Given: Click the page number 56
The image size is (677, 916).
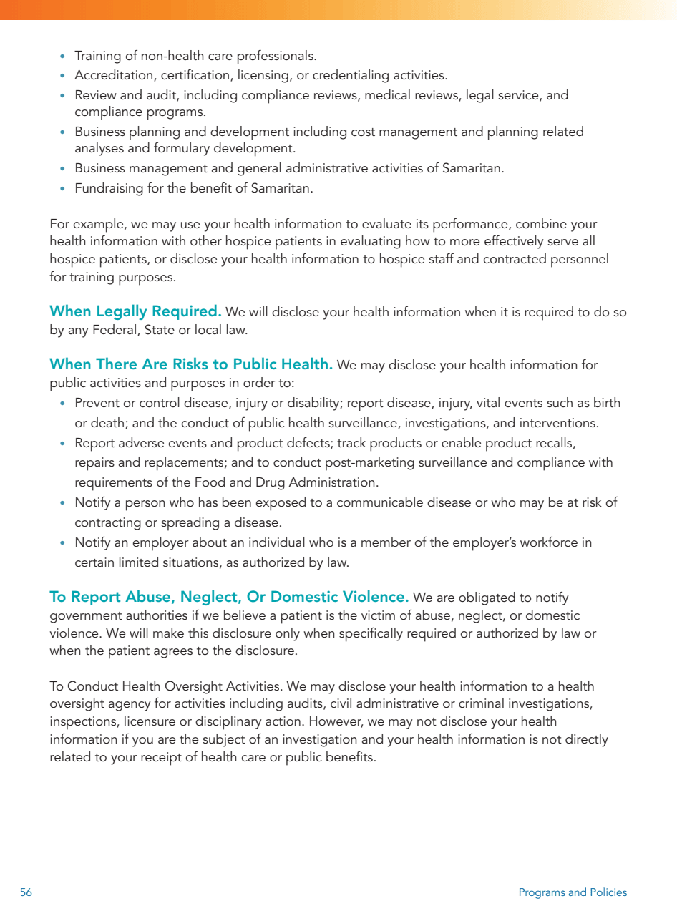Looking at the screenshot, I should [26, 892].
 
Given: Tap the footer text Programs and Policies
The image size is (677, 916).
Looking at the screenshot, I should [573, 892].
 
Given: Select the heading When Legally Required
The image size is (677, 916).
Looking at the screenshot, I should [135, 312].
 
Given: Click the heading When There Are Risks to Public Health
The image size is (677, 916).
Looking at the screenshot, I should [191, 365].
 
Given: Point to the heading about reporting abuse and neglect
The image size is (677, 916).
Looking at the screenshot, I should [229, 598].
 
